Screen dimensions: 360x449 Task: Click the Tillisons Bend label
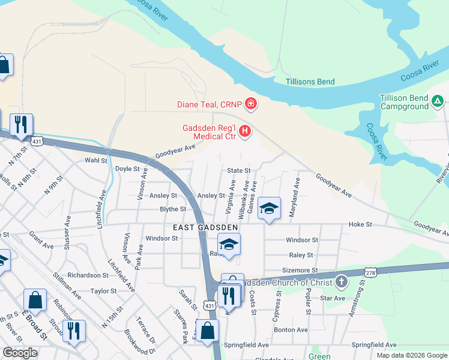(x=310, y=82)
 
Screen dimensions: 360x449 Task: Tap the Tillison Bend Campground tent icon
(x=438, y=102)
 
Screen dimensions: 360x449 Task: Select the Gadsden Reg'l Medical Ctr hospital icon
(x=245, y=131)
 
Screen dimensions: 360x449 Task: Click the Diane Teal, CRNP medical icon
(x=251, y=104)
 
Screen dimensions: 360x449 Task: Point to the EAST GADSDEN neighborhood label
(x=206, y=228)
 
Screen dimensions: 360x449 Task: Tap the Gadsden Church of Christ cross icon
(x=341, y=281)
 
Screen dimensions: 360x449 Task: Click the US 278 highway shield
(x=370, y=272)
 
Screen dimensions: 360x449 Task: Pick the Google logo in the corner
(x=20, y=353)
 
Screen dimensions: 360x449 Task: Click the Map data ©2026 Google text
(x=411, y=355)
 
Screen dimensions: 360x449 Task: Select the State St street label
(x=238, y=170)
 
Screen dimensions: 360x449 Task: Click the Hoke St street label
(x=361, y=224)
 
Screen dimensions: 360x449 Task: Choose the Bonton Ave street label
(x=291, y=330)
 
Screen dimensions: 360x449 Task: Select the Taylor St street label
(x=103, y=291)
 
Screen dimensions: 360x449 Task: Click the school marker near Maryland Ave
(x=270, y=209)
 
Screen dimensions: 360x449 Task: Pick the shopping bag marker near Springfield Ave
(x=207, y=331)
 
